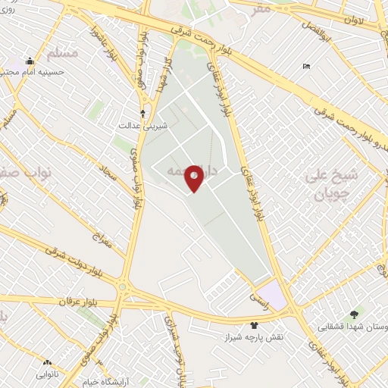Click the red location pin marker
[194, 178]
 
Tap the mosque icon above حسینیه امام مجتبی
[30, 61]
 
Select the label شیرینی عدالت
[134, 126]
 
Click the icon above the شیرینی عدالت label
[142, 113]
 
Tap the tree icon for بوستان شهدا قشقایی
[354, 314]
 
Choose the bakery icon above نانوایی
[47, 363]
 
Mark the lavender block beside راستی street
[271, 295]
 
